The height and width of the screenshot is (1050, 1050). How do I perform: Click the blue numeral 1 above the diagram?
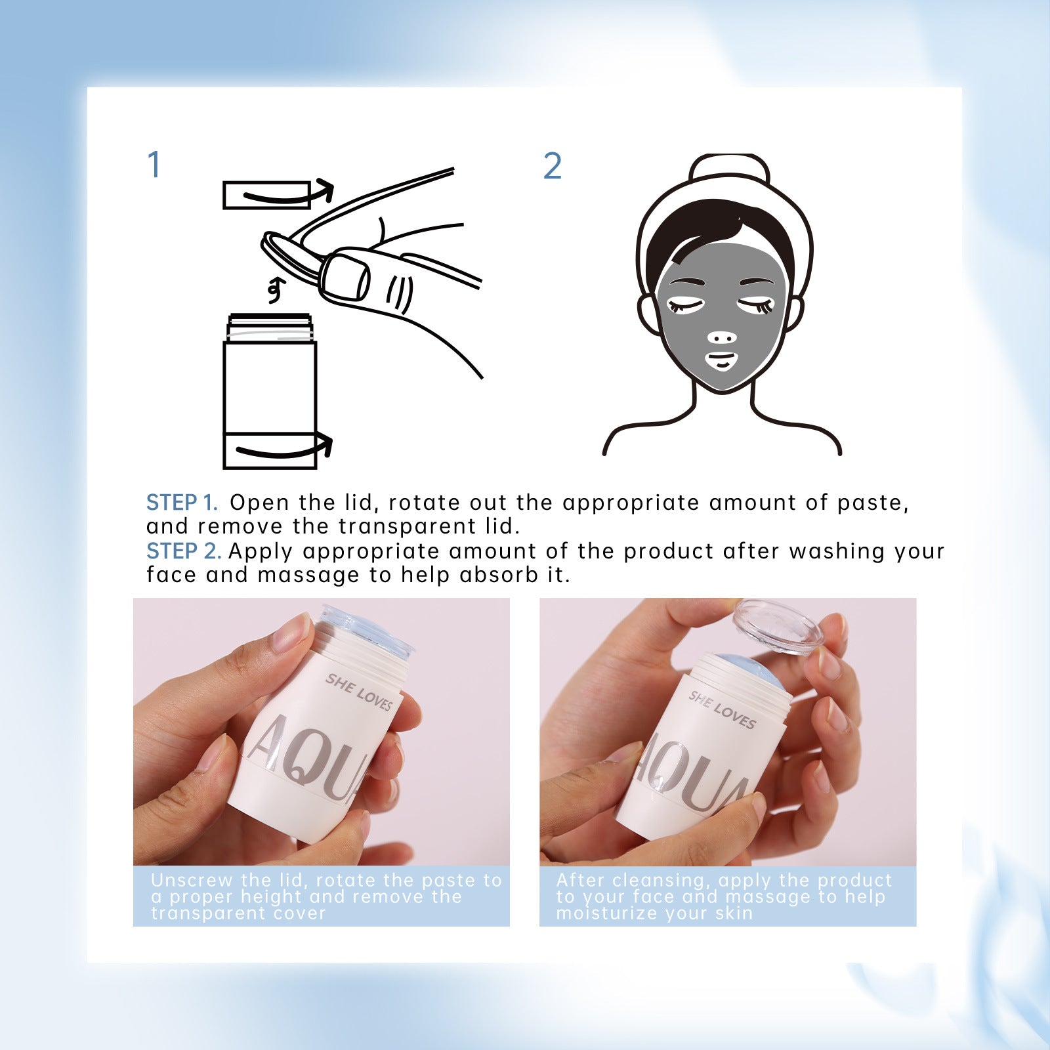(x=154, y=165)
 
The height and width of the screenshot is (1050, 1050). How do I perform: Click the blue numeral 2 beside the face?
(x=553, y=166)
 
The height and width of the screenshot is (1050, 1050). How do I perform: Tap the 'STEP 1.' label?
(x=181, y=503)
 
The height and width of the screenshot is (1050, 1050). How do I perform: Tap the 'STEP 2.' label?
(x=183, y=551)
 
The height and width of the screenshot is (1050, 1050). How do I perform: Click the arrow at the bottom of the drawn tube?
(x=283, y=450)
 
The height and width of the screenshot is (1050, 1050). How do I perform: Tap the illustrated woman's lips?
(x=721, y=361)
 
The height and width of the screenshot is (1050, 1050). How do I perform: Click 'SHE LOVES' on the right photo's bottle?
(x=722, y=710)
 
